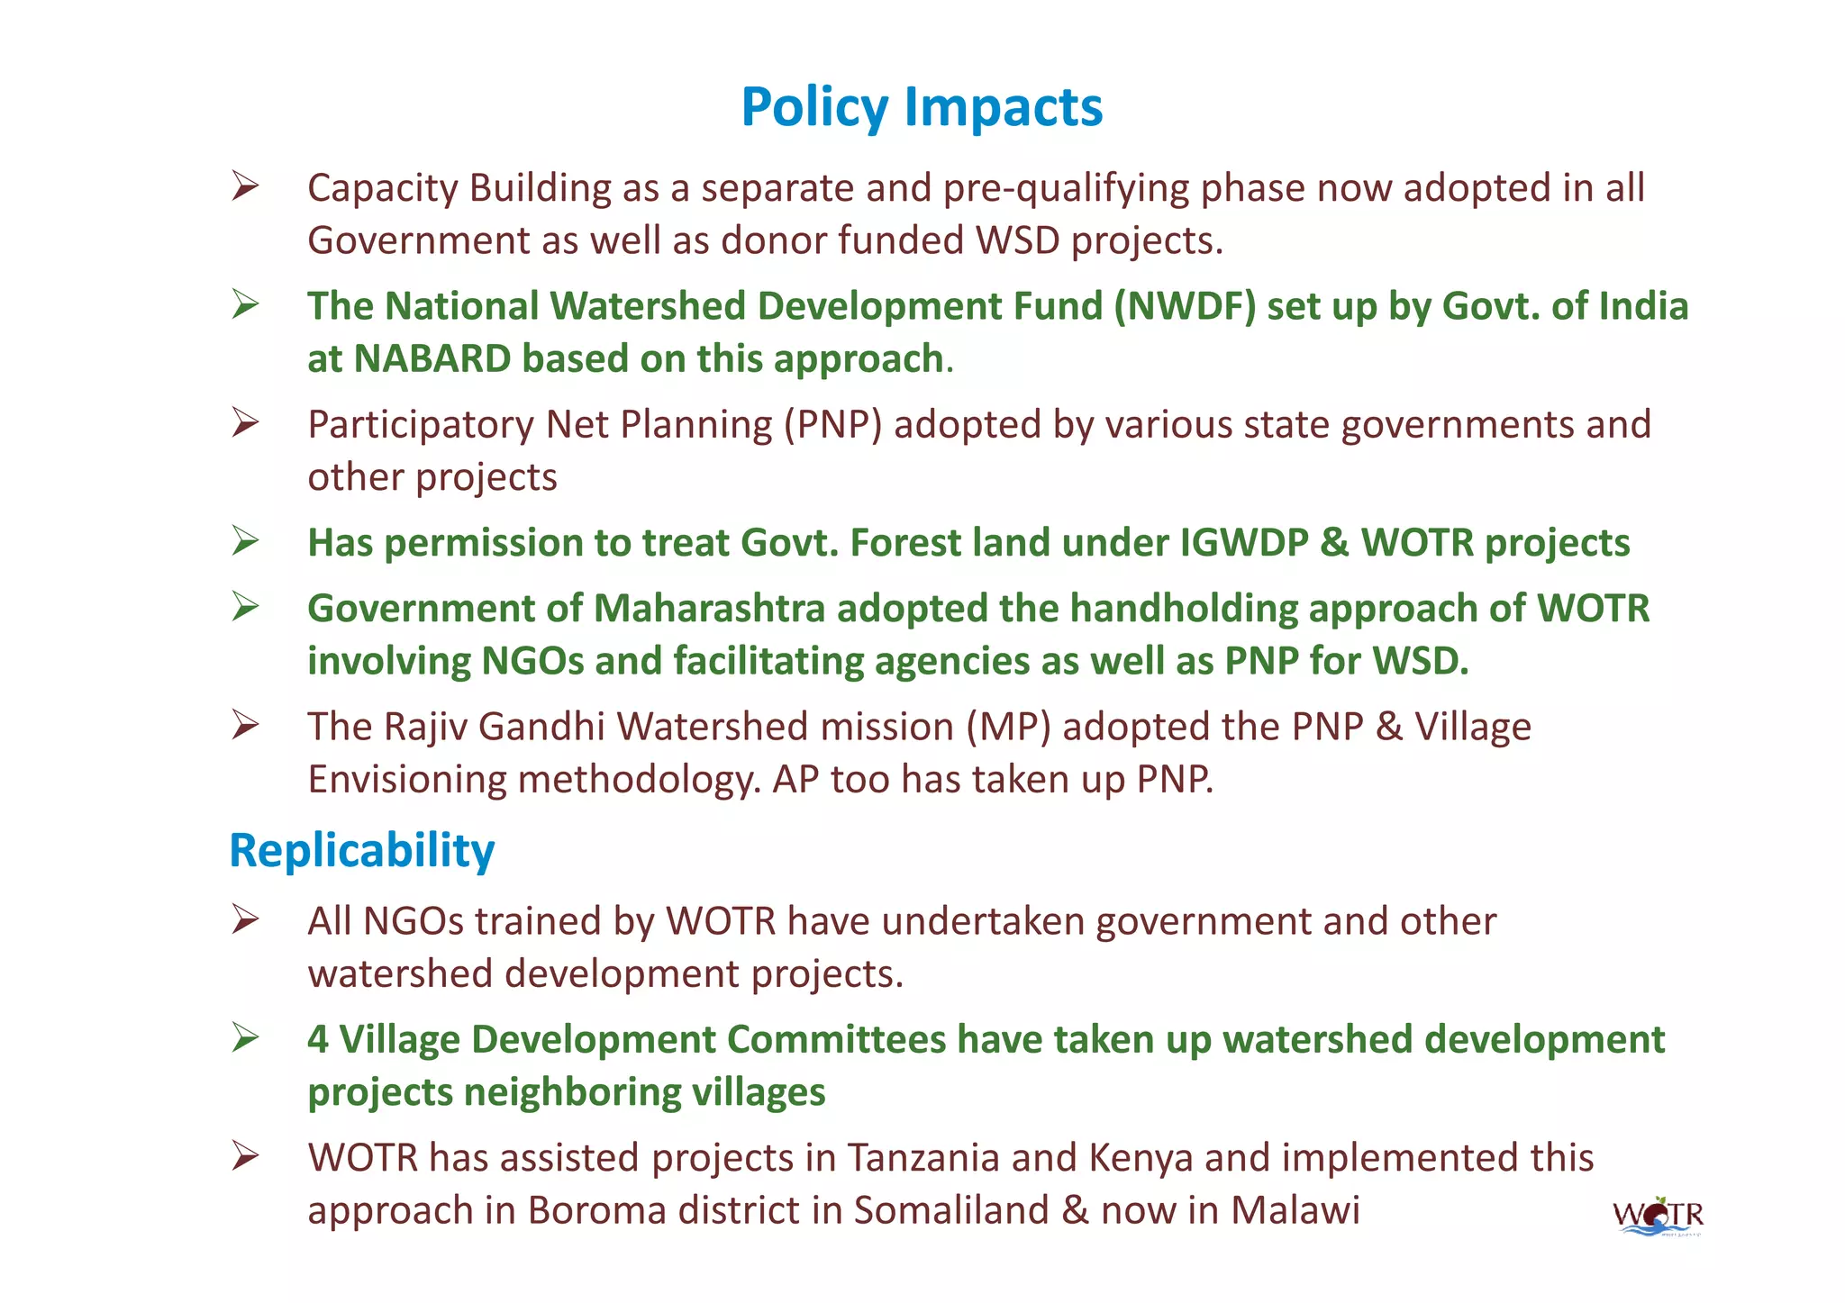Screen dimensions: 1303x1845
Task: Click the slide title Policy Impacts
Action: (x=921, y=107)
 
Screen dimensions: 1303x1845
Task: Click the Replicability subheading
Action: (x=361, y=850)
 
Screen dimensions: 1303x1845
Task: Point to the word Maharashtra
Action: (x=709, y=608)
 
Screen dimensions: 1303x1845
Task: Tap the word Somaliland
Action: (x=951, y=1210)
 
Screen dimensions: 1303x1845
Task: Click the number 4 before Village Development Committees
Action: (x=318, y=1040)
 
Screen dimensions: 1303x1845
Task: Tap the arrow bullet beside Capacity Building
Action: (x=245, y=186)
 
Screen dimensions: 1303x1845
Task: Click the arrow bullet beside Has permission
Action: (x=245, y=542)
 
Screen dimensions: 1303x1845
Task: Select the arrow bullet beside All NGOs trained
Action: (x=245, y=920)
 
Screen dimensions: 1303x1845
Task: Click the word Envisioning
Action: (x=406, y=779)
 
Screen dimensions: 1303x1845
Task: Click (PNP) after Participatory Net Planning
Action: (x=832, y=424)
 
